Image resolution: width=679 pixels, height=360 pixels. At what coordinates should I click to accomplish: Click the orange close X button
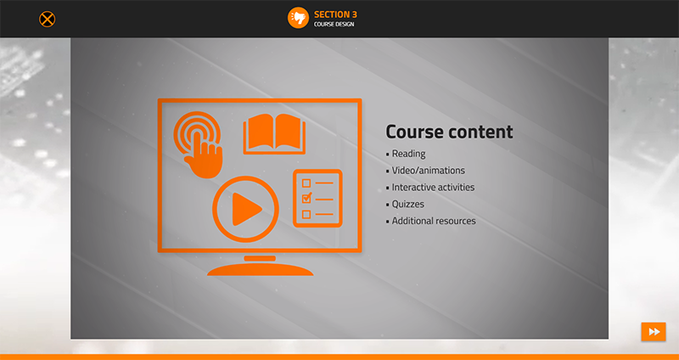[48, 19]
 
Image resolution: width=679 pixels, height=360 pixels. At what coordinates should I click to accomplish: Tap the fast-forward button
[654, 332]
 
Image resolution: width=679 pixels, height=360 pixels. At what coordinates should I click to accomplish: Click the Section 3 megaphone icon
[298, 18]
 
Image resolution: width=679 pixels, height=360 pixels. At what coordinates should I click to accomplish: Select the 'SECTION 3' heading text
[335, 14]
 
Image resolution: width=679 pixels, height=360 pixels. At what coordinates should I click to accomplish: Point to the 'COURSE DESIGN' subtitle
[334, 25]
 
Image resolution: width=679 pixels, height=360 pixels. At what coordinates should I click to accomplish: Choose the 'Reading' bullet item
[409, 155]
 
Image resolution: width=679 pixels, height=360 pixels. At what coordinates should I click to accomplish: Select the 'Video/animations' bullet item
[429, 171]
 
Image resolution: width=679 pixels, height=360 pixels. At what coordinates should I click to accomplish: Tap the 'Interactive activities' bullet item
[433, 187]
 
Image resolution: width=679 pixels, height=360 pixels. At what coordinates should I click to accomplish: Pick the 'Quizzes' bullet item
[408, 204]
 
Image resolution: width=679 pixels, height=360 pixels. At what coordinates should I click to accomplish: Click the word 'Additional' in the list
[412, 221]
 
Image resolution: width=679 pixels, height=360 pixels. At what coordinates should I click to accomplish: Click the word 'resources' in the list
[455, 221]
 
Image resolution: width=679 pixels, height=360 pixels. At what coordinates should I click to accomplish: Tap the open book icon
[274, 134]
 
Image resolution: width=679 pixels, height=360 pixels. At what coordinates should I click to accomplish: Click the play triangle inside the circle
[246, 209]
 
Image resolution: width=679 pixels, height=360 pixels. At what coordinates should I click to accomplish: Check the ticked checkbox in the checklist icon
[306, 199]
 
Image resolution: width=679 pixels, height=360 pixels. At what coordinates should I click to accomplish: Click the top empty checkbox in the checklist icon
[306, 183]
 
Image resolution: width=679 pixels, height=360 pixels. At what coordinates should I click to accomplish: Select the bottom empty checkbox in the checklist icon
[306, 215]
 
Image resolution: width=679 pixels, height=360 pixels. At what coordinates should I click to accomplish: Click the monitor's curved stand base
[260, 270]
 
